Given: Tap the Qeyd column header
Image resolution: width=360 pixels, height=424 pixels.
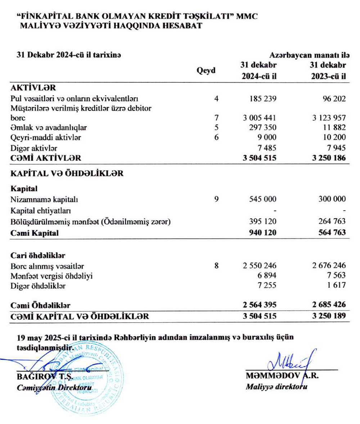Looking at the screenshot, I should coord(206,70).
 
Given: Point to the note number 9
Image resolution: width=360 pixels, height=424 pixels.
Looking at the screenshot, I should coord(216,198).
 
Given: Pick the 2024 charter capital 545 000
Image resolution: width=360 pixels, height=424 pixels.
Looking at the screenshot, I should coord(262,199).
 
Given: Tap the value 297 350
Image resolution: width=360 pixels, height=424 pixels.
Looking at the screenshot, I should coord(262,128).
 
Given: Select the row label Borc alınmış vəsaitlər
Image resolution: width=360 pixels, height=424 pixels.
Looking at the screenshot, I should coord(47,266).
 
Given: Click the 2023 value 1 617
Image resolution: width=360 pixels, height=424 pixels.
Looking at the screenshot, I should coord(336,286).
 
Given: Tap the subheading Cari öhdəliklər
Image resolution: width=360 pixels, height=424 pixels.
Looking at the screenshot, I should coord(38,255).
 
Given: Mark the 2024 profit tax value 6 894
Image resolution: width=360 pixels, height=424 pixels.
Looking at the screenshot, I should coord(267,276).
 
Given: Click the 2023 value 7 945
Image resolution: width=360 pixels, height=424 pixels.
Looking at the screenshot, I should coord(336,147).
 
